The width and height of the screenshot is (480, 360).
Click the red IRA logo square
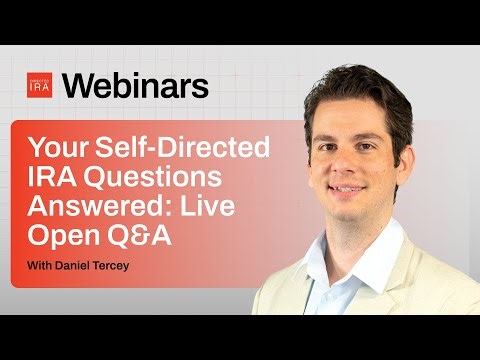pos(39,86)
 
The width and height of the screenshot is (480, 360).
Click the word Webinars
pos(135,86)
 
